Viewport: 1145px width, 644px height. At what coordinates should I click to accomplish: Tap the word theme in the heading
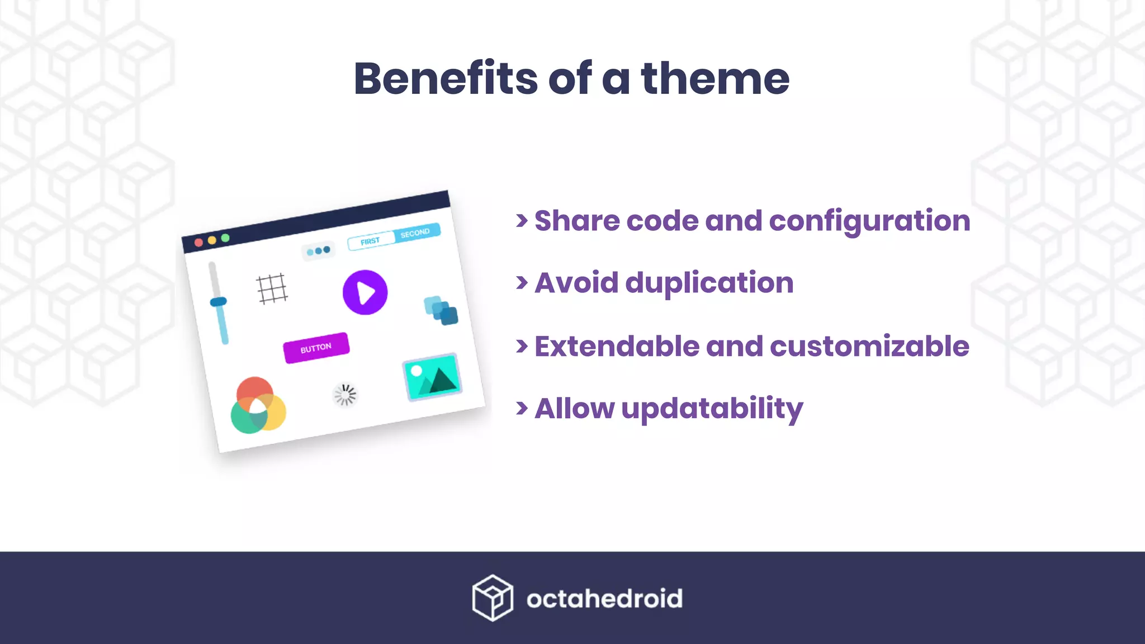715,79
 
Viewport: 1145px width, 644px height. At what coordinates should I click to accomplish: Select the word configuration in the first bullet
869,221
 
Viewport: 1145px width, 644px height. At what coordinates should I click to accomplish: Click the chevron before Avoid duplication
522,283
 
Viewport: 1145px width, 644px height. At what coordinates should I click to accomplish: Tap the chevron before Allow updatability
522,408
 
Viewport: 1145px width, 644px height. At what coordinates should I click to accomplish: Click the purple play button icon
365,292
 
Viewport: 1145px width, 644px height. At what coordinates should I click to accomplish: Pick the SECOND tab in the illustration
415,233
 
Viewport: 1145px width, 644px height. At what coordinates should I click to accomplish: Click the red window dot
198,243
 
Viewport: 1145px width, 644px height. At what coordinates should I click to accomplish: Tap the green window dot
225,238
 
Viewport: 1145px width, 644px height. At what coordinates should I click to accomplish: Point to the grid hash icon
272,288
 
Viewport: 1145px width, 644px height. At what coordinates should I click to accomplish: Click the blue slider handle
218,302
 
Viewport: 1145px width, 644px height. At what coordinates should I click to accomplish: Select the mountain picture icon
432,377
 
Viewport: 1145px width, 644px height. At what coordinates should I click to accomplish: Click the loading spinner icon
344,395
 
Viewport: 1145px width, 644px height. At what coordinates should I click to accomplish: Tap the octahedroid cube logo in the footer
492,598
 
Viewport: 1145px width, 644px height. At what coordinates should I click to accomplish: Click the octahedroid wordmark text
604,599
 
